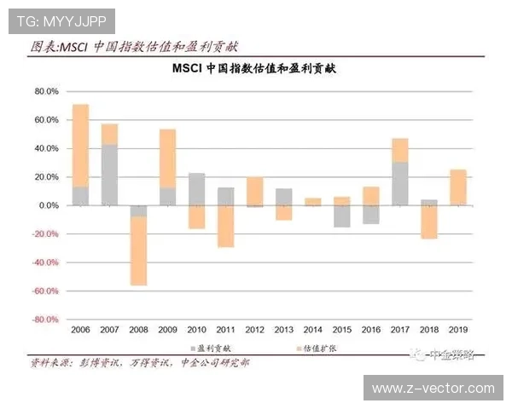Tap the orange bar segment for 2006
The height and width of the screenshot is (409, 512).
(x=81, y=145)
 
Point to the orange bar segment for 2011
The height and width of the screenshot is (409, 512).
(x=226, y=226)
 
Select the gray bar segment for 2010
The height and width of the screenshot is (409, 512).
(x=196, y=188)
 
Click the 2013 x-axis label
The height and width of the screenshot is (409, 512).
(x=283, y=330)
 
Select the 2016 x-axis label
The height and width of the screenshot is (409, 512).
(x=370, y=330)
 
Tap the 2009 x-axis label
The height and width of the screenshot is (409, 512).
(x=167, y=330)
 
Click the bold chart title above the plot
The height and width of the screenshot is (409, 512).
(x=253, y=68)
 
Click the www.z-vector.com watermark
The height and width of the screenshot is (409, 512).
(x=433, y=389)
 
